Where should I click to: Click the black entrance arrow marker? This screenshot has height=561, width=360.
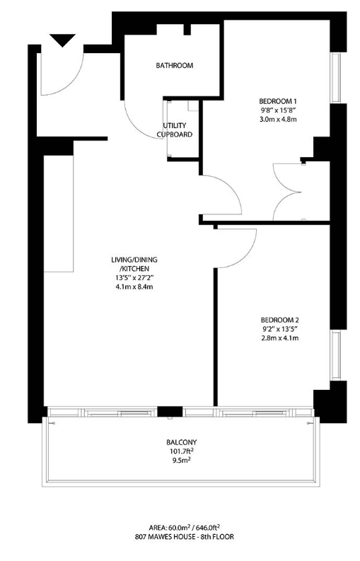click(x=63, y=40)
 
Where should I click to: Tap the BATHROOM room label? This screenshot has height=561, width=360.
click(x=174, y=66)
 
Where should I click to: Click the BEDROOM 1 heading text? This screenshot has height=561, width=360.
click(x=278, y=101)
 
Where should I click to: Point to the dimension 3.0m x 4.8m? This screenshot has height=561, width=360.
click(x=278, y=119)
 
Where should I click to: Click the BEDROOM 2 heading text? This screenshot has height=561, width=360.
click(x=280, y=320)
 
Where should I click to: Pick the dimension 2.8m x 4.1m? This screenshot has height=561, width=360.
click(x=280, y=337)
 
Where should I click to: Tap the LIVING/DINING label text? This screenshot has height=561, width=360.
click(x=134, y=260)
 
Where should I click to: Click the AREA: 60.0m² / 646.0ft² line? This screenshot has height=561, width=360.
click(x=185, y=527)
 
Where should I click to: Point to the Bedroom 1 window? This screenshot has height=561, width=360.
click(x=335, y=78)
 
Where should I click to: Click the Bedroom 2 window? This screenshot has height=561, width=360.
click(x=335, y=355)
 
